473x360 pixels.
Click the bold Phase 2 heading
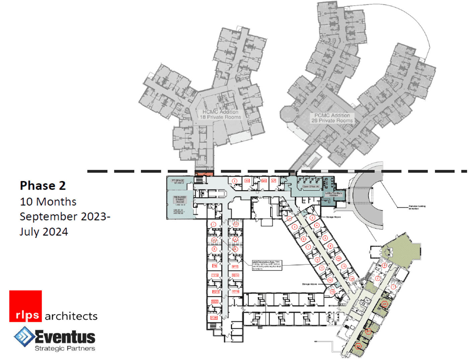(43, 186)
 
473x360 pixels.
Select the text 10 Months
(48, 202)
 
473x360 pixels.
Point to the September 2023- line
(65, 217)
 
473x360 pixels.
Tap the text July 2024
(44, 232)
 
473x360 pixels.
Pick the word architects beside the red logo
(71, 316)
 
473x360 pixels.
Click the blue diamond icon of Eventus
(24, 337)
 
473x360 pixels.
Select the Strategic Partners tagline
(65, 349)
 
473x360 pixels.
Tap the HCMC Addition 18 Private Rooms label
(220, 114)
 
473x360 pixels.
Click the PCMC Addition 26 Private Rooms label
(332, 118)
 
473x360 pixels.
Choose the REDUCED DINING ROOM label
(180, 199)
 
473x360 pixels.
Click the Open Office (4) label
(310, 187)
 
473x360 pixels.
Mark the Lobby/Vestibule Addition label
(333, 194)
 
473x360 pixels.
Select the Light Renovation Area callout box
(267, 265)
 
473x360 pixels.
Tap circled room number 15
(332, 292)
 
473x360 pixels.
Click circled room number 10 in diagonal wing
(338, 258)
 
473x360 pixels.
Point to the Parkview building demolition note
(417, 207)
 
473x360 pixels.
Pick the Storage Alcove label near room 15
(309, 284)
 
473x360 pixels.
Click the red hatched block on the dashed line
(204, 174)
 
